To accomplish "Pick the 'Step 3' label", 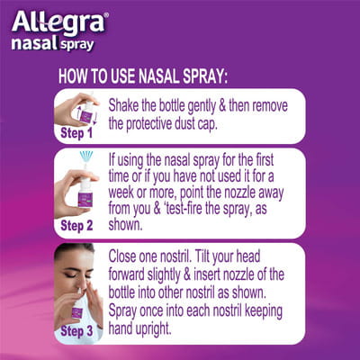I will tap(79, 331).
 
